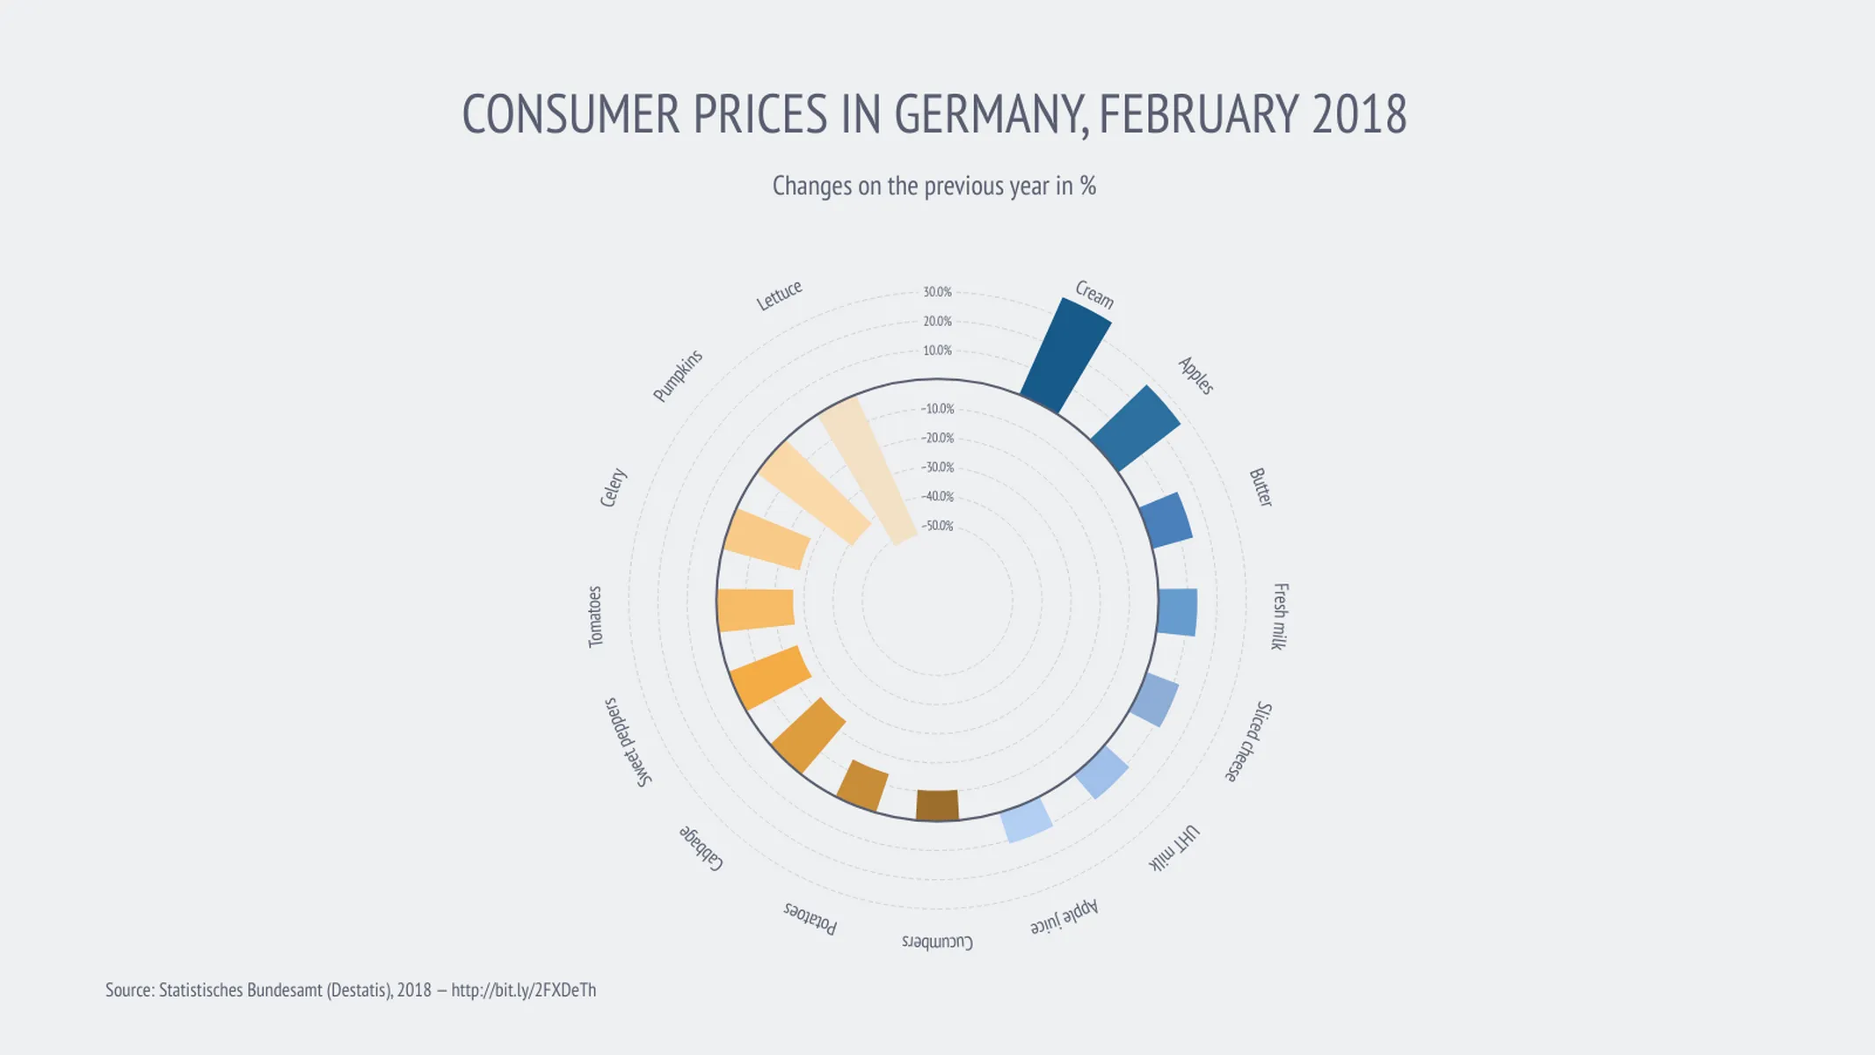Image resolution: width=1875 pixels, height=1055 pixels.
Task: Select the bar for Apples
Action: [1135, 428]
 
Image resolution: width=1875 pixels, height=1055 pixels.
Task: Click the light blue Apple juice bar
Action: [1027, 820]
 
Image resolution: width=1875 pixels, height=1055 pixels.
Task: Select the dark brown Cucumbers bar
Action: [937, 804]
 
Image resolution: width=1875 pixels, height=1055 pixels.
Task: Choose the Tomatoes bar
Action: [756, 610]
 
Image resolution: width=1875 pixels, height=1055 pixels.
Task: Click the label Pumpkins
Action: [678, 375]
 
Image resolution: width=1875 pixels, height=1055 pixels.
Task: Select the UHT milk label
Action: [1174, 848]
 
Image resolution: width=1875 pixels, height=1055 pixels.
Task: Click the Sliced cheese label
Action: [1249, 742]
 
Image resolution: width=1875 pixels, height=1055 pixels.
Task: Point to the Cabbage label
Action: [701, 848]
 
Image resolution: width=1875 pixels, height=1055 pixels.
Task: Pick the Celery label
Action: [613, 488]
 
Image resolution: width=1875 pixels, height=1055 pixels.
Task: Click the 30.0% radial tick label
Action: [937, 292]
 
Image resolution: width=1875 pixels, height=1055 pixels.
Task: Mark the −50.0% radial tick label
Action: [937, 526]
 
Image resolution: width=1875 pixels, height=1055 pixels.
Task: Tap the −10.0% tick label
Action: [937, 409]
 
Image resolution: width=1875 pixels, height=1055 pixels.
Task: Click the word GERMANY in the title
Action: [992, 114]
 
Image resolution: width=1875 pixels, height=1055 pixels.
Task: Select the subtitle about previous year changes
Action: [934, 186]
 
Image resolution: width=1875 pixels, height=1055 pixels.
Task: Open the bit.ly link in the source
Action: [523, 990]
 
